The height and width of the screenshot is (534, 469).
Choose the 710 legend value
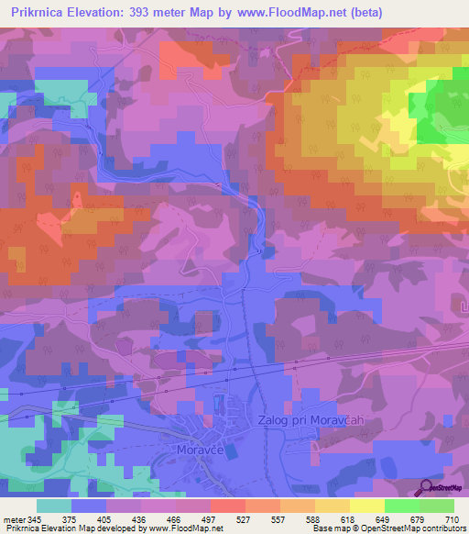(x=451, y=520)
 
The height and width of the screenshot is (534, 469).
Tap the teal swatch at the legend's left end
(x=54, y=506)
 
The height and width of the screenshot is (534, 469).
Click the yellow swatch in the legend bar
(x=366, y=506)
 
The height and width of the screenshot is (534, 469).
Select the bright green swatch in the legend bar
(x=401, y=506)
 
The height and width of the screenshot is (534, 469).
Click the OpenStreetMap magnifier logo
(x=426, y=486)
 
